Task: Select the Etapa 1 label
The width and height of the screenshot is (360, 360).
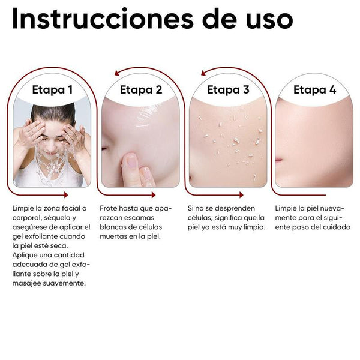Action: [x=52, y=90]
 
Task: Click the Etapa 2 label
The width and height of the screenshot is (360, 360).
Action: [x=141, y=90]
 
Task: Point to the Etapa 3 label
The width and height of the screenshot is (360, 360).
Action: [x=228, y=90]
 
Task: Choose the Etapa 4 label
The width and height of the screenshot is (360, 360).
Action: [x=314, y=90]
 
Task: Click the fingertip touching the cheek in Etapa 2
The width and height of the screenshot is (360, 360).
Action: [x=130, y=161]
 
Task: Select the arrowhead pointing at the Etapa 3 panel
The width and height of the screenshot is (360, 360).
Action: [x=204, y=72]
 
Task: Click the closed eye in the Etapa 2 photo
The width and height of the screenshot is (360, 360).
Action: [x=108, y=148]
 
